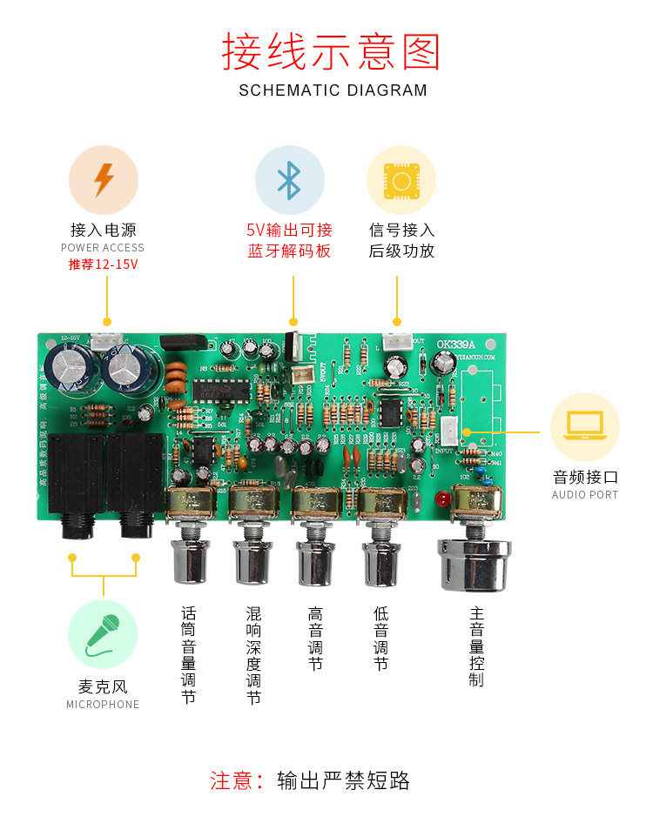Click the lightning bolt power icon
coord(104,179)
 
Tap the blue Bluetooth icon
coord(289,179)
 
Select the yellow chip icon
coord(401,179)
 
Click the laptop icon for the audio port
coord(584,427)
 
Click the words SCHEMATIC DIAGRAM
coord(333,90)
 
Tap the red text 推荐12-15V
coord(104,264)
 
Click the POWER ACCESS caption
coord(103,248)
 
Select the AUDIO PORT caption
coord(584,495)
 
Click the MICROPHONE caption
coord(103,705)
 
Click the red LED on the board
coord(441,500)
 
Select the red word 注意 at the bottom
coord(230,780)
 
